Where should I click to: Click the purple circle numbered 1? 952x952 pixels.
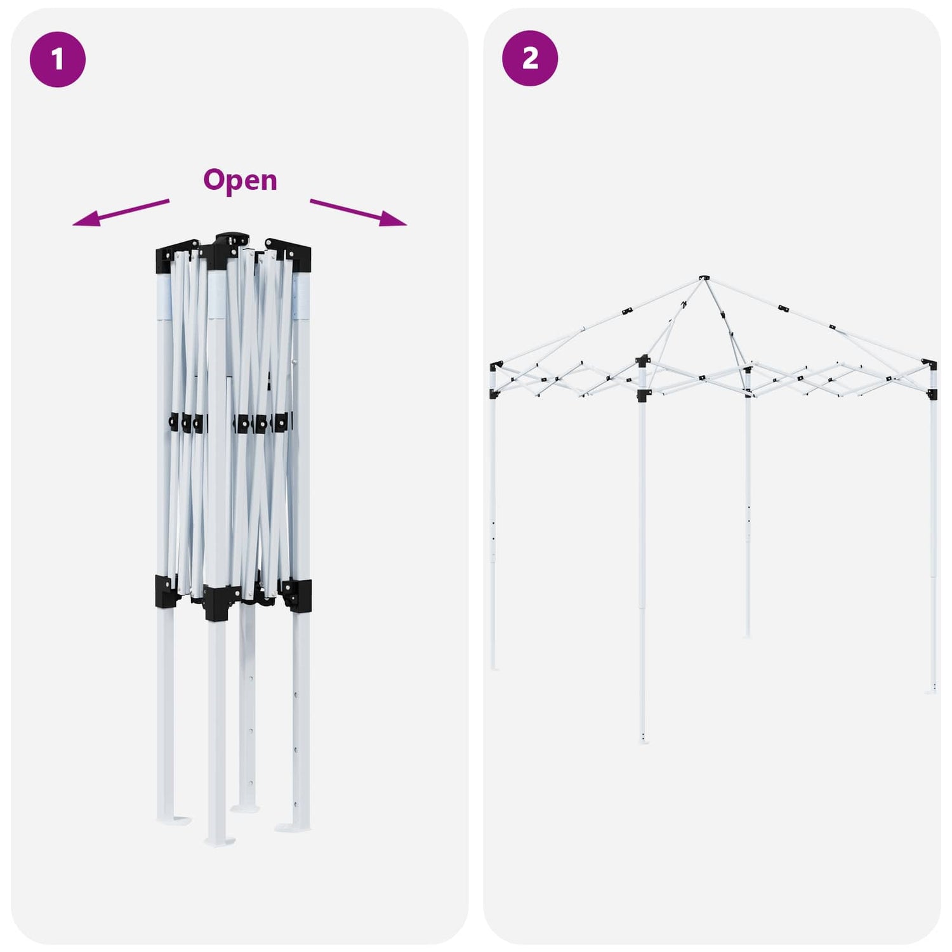coord(58,59)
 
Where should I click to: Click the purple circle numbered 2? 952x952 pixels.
coord(530,58)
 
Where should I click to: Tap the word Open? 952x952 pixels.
coord(240,180)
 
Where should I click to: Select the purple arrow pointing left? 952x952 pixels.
coord(121,213)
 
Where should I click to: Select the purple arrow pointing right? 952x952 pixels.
coord(359,213)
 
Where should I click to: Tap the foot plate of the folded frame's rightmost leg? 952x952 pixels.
coord(293,827)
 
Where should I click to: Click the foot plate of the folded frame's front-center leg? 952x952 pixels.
coord(220,842)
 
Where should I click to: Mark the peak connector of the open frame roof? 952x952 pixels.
coord(704,278)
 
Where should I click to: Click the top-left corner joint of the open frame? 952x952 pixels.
coord(495,366)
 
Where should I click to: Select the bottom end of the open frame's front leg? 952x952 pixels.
coord(644,740)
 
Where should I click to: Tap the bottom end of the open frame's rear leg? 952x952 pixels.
coord(748,635)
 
